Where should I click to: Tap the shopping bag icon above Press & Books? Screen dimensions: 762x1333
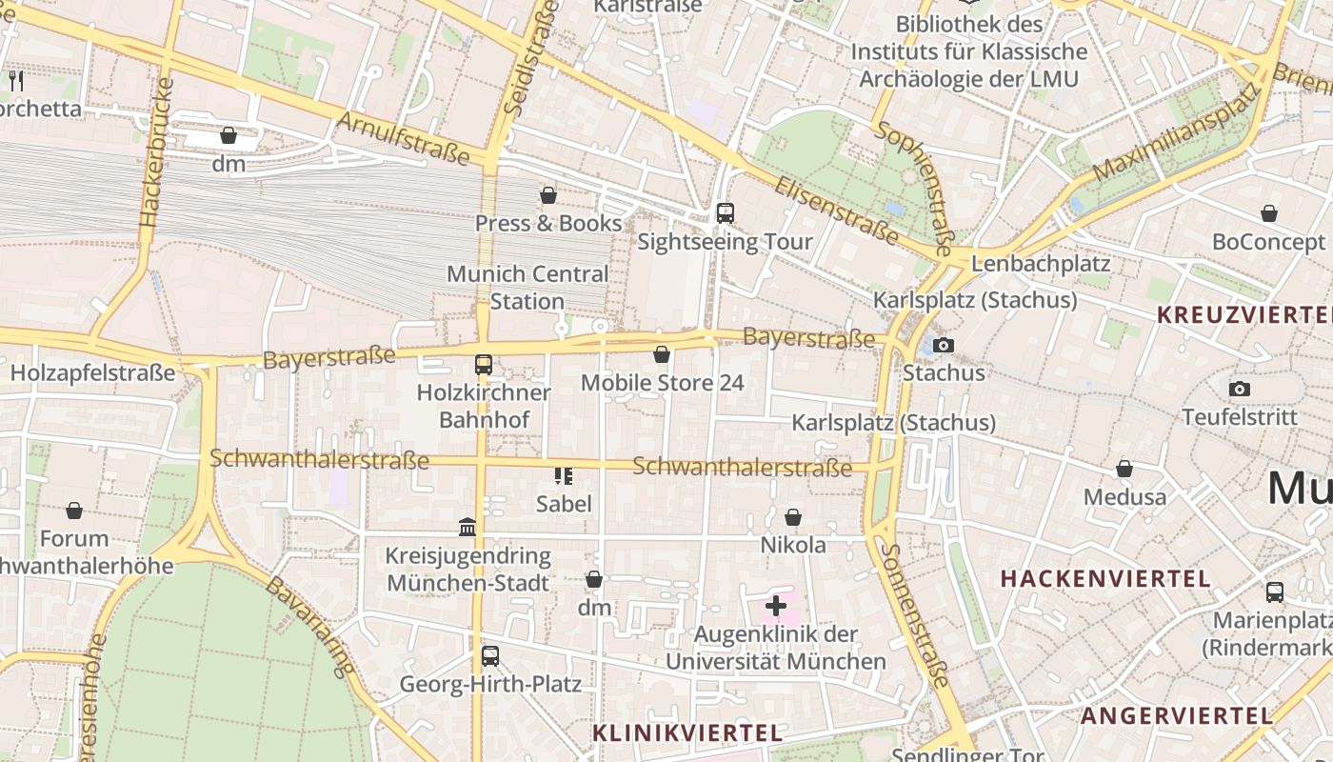pos(548,195)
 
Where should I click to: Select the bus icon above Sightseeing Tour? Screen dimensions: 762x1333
pos(726,213)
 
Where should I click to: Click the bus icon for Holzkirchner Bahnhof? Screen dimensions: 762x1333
pos(484,364)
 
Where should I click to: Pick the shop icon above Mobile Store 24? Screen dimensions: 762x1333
pos(662,354)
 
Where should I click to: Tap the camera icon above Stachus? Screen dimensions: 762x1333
pos(943,345)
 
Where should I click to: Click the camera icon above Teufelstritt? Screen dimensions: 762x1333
pos(1239,389)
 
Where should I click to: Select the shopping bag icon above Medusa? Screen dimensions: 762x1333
pos(1124,469)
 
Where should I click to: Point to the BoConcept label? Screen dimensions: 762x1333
pos(1268,242)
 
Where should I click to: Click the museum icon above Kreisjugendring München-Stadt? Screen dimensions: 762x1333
pos(468,527)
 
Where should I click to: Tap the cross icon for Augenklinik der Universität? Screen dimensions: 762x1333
pos(776,606)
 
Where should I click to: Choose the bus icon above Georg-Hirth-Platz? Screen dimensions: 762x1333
pos(489,656)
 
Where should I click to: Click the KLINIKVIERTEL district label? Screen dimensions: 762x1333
pos(687,732)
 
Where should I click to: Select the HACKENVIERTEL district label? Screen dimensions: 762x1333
pos(1105,578)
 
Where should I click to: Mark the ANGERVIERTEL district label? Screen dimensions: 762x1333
pos(1177,716)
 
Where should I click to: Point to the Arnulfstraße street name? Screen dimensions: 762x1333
pos(404,137)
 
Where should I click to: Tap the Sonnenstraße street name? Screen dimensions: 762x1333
pos(914,615)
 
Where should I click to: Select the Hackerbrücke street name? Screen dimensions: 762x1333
pos(158,152)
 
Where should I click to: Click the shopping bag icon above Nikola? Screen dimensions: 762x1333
pos(793,517)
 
